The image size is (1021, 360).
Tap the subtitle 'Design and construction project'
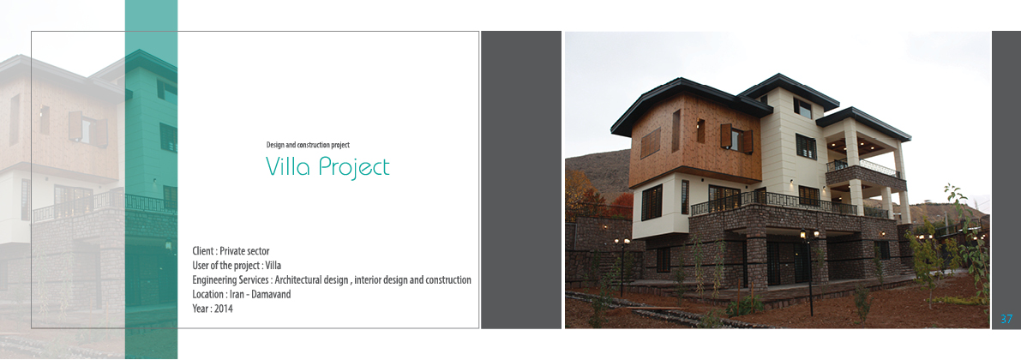pos(308,145)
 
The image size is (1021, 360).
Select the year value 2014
pos(224,309)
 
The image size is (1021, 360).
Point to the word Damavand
pos(272,294)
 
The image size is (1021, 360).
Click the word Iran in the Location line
pos(237,294)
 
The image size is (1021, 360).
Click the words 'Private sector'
pos(244,251)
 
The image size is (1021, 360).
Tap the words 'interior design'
pos(381,280)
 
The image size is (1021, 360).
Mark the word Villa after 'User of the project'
pos(273,266)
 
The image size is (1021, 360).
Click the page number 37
pos(1006,319)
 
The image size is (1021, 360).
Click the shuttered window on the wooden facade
pos(736,138)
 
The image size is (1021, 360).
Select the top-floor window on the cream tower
pos(803,107)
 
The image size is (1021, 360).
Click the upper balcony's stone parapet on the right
pos(866,177)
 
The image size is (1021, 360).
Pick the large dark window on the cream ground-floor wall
pos(652,201)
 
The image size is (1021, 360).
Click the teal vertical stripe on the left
pos(151,180)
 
